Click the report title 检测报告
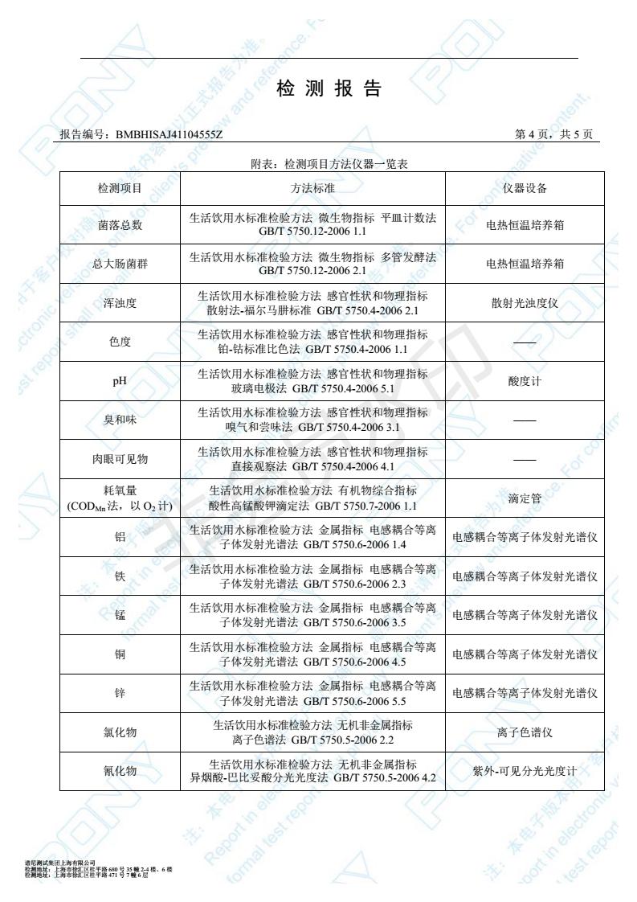click(x=329, y=89)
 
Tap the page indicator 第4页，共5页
click(x=553, y=134)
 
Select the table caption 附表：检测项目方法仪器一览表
click(x=329, y=164)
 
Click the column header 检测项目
click(x=120, y=188)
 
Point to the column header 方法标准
click(x=312, y=188)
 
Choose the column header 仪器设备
click(x=525, y=188)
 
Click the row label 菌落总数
click(x=120, y=225)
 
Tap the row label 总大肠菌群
click(x=120, y=264)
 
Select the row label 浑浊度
click(x=120, y=303)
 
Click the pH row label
click(x=120, y=381)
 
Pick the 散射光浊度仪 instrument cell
click(x=525, y=303)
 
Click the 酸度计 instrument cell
click(x=525, y=381)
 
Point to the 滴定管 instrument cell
click(x=525, y=498)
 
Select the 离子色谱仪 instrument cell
click(x=525, y=732)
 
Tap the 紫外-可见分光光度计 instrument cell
click(x=525, y=771)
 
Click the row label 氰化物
click(x=120, y=771)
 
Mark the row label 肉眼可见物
click(x=120, y=459)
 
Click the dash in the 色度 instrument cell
click(x=525, y=342)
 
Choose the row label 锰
click(x=120, y=615)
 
